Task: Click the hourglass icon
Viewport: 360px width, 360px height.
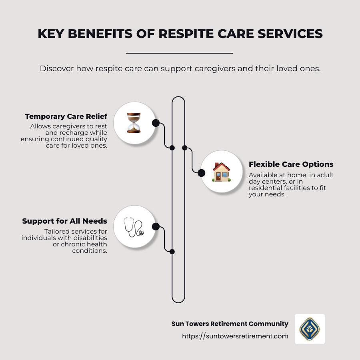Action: coord(134,123)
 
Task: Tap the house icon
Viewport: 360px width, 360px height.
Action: coord(221,172)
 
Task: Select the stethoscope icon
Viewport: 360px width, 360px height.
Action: coord(134,227)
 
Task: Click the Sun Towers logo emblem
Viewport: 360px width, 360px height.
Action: coord(310,329)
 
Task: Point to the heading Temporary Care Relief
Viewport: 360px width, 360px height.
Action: coord(66,116)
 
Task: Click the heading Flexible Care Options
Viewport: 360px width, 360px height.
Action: coord(291,164)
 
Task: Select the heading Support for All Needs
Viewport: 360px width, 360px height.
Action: coord(64,221)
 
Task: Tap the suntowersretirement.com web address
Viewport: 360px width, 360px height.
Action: coord(235,336)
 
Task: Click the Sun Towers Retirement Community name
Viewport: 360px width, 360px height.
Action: coord(230,324)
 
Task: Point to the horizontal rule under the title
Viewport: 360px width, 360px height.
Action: coord(179,53)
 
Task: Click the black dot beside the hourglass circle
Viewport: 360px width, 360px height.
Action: coord(156,123)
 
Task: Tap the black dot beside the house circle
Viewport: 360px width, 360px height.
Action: coord(201,173)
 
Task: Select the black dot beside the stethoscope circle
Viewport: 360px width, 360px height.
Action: coord(156,227)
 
